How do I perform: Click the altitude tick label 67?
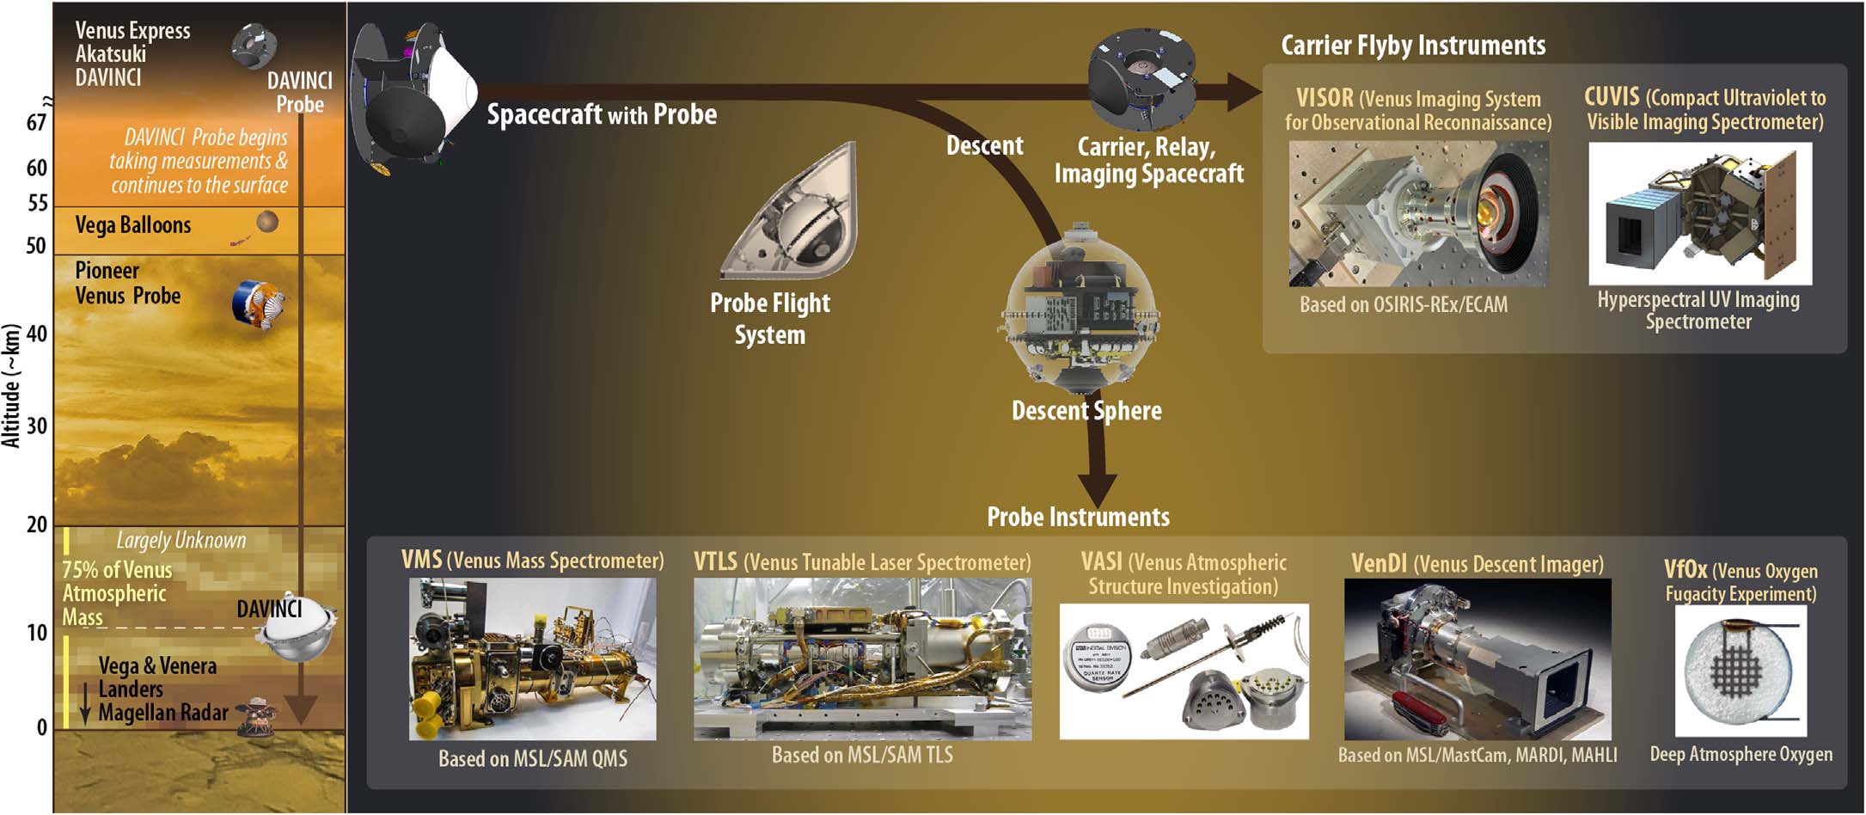point(36,123)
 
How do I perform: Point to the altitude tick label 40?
point(36,334)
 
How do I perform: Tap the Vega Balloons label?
point(133,225)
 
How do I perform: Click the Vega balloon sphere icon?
point(267,222)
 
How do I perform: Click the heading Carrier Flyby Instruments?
point(1413,46)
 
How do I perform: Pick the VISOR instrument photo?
point(1418,214)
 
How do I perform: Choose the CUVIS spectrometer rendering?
point(1699,214)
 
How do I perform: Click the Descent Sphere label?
point(1086,411)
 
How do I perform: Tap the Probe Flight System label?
point(770,319)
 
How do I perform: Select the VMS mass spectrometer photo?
point(532,659)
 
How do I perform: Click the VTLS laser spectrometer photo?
point(862,659)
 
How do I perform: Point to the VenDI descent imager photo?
point(1478,659)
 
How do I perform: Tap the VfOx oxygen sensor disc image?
point(1740,671)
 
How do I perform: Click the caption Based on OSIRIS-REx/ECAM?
point(1404,305)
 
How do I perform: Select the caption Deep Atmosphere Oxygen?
point(1741,755)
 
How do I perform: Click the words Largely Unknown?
point(181,541)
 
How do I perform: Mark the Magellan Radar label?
point(163,713)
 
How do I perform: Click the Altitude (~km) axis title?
point(11,386)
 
